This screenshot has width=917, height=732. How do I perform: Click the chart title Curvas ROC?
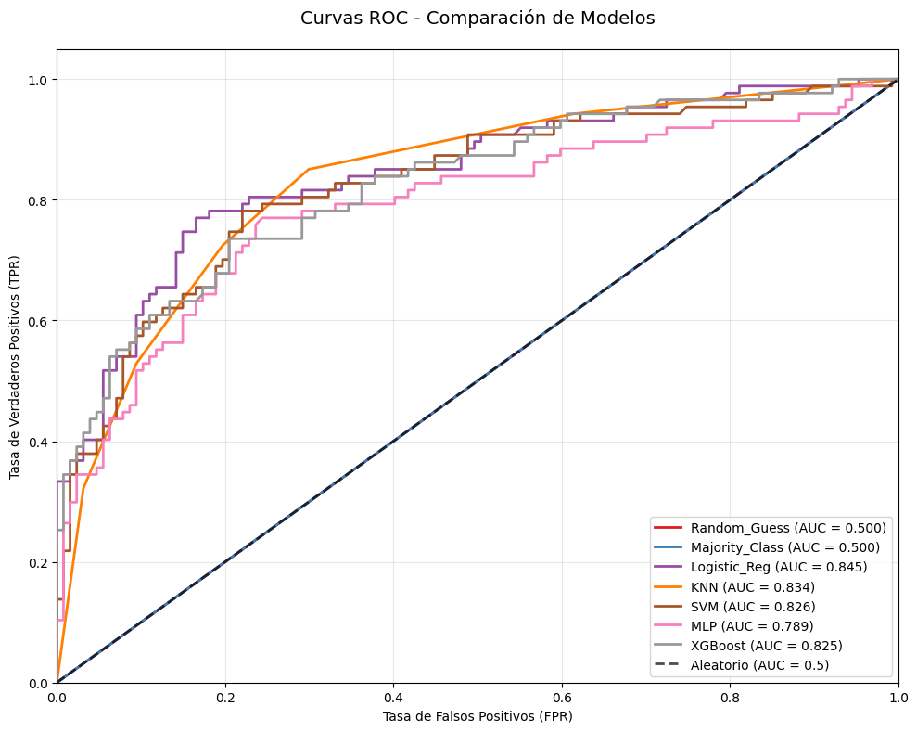coord(477,18)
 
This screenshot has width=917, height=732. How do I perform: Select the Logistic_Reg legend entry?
coord(765,567)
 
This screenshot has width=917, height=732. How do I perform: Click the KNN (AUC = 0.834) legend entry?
coord(753,586)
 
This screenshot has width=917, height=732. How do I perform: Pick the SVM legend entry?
coord(753,606)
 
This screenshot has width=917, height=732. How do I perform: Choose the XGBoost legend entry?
coord(766,645)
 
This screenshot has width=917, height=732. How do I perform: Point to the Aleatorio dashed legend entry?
coord(759,664)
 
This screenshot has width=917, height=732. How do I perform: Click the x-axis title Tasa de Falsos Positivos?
coord(477,716)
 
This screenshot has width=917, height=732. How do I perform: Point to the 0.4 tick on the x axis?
coord(393,684)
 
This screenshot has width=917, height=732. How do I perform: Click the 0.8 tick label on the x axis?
coord(730,696)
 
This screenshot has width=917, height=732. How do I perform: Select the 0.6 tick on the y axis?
coord(57,321)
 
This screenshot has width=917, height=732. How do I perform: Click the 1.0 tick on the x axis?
coord(898,684)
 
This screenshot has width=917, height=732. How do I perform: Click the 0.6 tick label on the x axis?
coord(561,696)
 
